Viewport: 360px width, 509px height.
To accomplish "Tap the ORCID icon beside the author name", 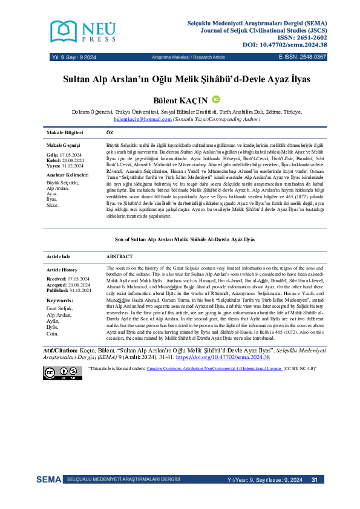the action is (x=216, y=100).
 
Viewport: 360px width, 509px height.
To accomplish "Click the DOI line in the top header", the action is (x=284, y=44).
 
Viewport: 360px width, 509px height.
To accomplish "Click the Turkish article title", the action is (x=180, y=79).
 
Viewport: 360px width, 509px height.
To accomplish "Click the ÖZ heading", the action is (x=110, y=132).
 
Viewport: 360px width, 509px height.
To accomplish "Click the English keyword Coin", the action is (x=53, y=334).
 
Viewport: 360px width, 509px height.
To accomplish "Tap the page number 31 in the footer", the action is (x=315, y=480).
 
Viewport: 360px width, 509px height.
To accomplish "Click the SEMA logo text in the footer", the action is (x=48, y=480).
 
